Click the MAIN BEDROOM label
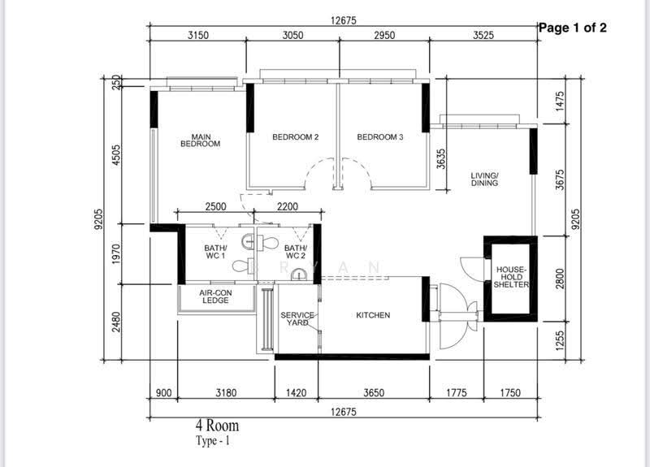coord(201,141)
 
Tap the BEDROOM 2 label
coord(296,137)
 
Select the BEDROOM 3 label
coord(380,137)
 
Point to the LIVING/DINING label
coord(484,179)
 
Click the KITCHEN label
coord(373,315)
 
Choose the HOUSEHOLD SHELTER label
coord(511,277)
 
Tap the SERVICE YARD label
coord(297,318)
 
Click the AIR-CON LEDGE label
coord(215,296)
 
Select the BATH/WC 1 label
coord(215,252)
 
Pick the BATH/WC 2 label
coord(295,252)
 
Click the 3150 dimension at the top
coord(198,35)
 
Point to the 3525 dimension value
coord(483,35)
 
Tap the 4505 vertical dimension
coord(116,154)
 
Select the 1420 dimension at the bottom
coord(296,392)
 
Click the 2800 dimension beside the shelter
coord(560,279)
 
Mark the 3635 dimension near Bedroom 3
coord(441,158)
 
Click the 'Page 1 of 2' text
coord(573,28)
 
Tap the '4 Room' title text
coord(217,426)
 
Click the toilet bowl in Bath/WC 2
coord(267,242)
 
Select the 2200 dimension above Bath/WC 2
coord(288,206)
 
